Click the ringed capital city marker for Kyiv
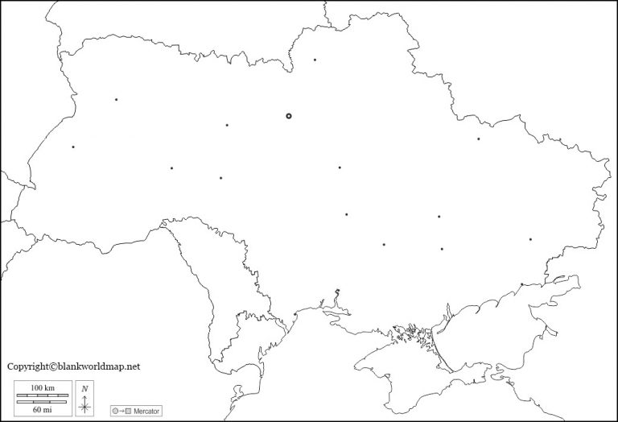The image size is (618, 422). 289,116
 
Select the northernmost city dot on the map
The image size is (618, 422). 315,60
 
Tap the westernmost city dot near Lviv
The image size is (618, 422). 73,147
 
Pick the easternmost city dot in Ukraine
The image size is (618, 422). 530,239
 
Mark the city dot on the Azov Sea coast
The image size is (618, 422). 521,283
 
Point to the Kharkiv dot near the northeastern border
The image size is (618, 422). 478,139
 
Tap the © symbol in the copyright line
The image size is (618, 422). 55,366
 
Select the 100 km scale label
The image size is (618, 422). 43,388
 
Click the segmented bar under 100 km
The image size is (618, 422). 43,395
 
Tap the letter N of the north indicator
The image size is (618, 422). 85,388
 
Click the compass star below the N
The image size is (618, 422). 85,404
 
